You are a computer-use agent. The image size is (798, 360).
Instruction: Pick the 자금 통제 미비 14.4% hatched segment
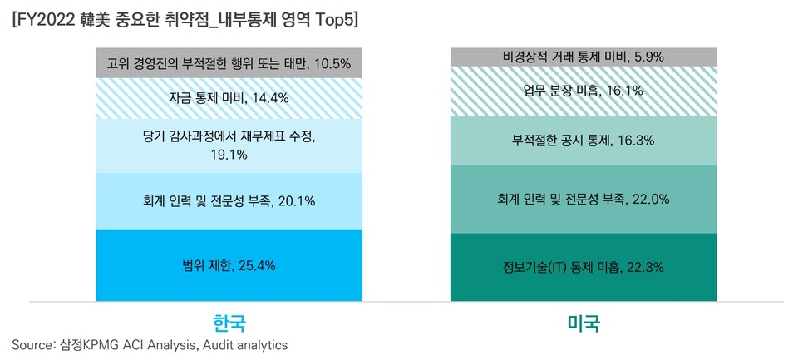[229, 98]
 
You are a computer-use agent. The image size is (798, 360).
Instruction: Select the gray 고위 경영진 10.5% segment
[229, 63]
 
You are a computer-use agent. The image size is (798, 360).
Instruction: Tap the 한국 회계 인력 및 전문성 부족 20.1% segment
[229, 201]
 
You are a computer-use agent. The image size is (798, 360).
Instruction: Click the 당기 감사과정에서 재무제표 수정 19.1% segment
[229, 145]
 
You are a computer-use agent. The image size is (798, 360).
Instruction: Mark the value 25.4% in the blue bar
[257, 266]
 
